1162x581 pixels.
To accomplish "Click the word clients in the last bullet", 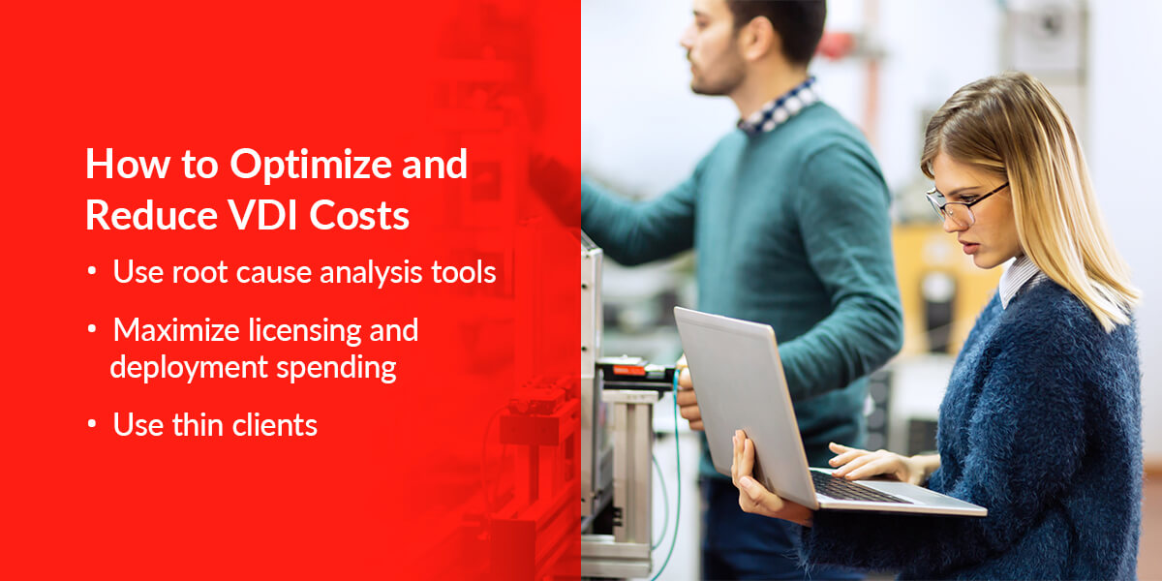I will point(280,424).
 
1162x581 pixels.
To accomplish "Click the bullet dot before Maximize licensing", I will point(92,330).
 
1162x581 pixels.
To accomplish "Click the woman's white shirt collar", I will point(1017,281).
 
